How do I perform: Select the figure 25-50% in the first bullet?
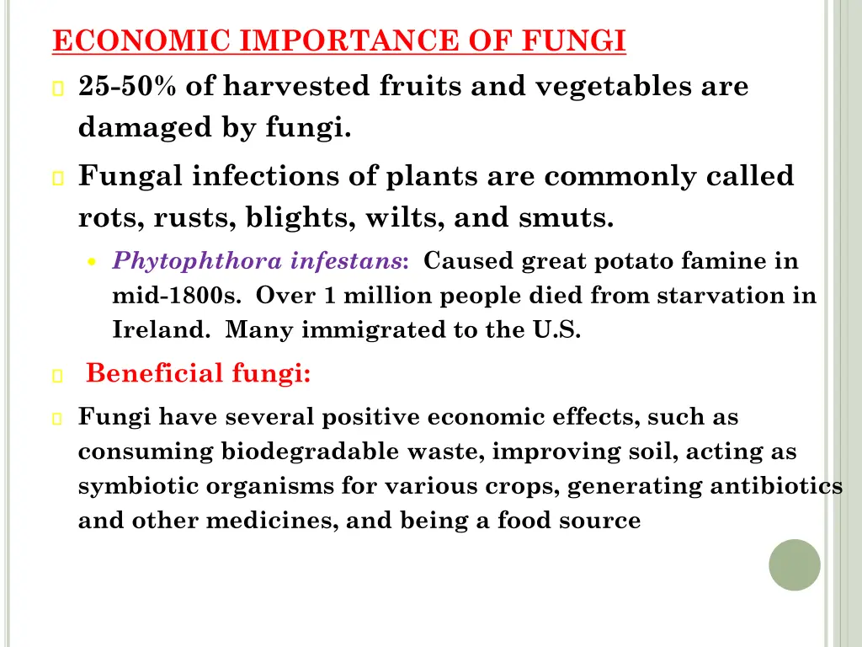point(127,86)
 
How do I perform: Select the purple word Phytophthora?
point(198,261)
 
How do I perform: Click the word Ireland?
point(161,330)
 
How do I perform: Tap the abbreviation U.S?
point(556,330)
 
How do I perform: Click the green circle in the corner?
point(794,564)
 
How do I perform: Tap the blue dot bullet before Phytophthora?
point(93,262)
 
